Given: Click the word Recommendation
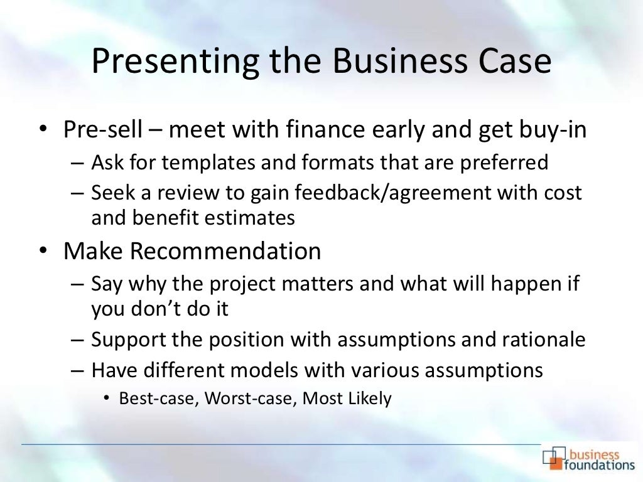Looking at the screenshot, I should [226, 251].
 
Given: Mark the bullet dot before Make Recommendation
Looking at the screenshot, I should [42, 252].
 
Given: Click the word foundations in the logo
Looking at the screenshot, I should [600, 465].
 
